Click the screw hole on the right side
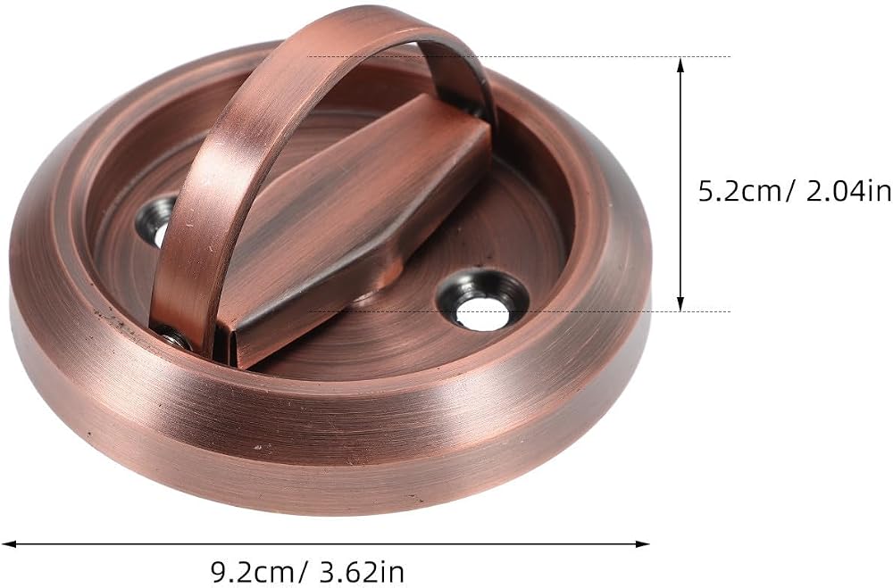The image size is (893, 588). [x=482, y=302]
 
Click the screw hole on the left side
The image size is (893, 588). [x=157, y=221]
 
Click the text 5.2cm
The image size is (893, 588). [x=740, y=191]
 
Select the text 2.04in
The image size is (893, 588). [x=848, y=191]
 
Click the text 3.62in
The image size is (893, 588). [x=361, y=570]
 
